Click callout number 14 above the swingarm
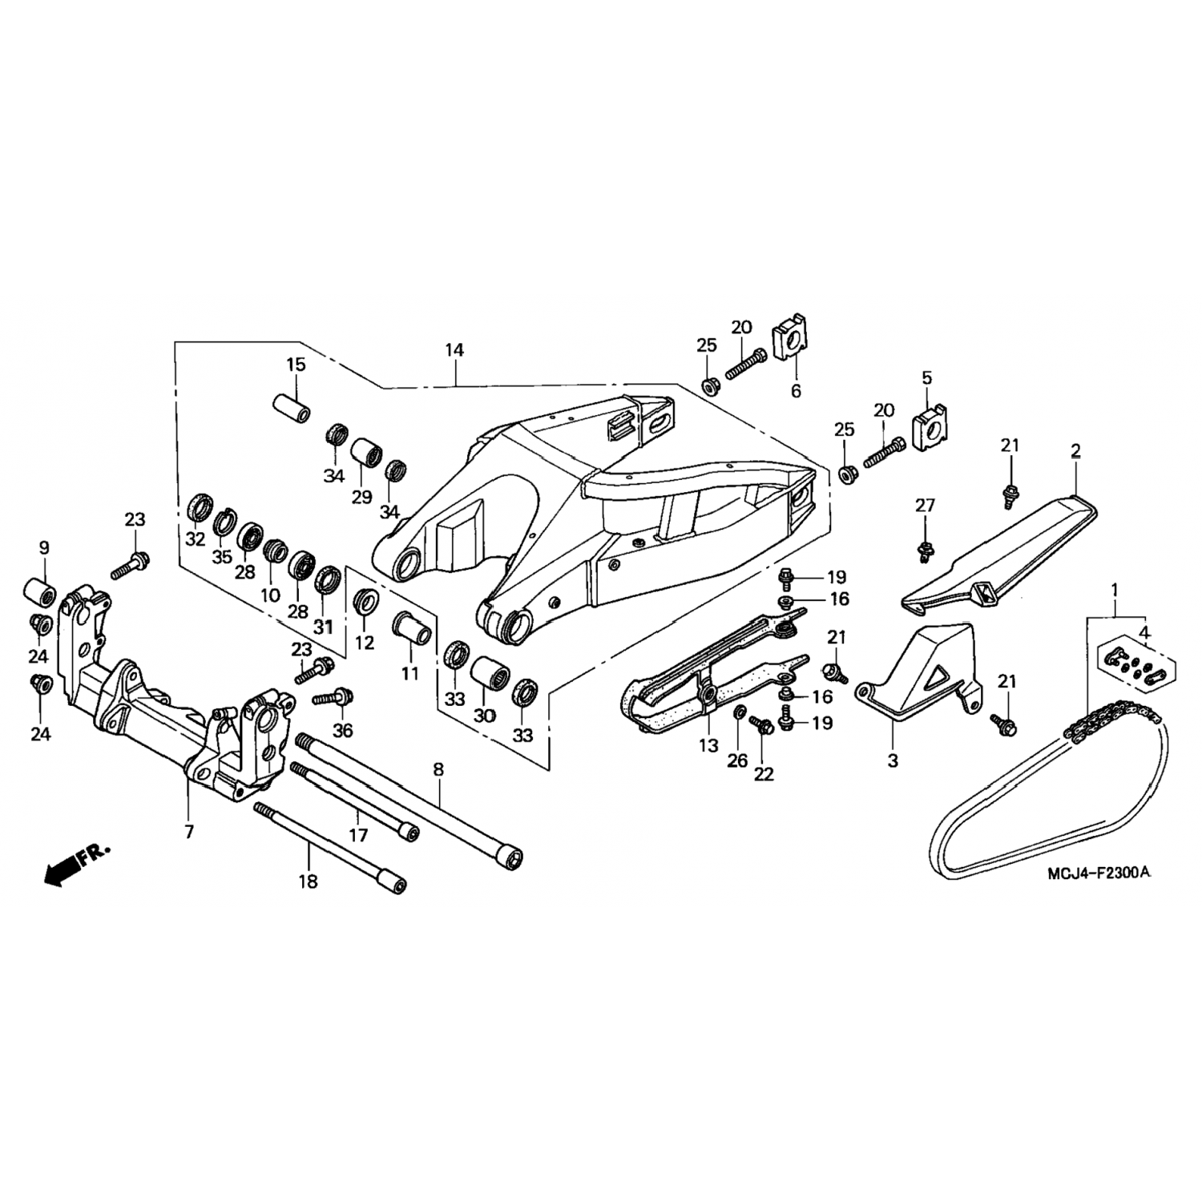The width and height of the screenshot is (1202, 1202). (x=454, y=350)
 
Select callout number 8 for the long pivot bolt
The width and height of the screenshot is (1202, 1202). (x=438, y=770)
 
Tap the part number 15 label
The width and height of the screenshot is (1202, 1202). (x=296, y=365)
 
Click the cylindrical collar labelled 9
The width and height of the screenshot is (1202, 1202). (x=38, y=591)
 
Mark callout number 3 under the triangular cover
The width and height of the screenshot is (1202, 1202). (x=893, y=760)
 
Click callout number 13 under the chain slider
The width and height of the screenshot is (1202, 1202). (x=708, y=746)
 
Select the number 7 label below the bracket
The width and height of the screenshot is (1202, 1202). (x=189, y=832)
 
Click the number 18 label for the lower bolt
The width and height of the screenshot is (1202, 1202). (x=308, y=881)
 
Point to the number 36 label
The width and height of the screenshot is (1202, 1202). (x=342, y=731)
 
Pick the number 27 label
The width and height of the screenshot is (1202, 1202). (x=925, y=506)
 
